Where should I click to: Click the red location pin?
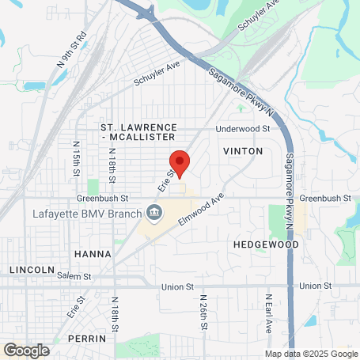(x=180, y=162)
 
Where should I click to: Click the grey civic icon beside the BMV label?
(x=153, y=212)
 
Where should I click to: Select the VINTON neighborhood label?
(x=241, y=150)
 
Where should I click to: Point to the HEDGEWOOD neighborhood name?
(x=266, y=245)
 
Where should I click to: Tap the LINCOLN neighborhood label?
(x=32, y=270)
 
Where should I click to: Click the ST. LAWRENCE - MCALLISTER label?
(x=138, y=132)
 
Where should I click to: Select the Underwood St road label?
(x=244, y=128)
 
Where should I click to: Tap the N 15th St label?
(x=77, y=159)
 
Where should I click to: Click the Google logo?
(x=27, y=349)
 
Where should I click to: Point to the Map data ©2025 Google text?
(x=311, y=354)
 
